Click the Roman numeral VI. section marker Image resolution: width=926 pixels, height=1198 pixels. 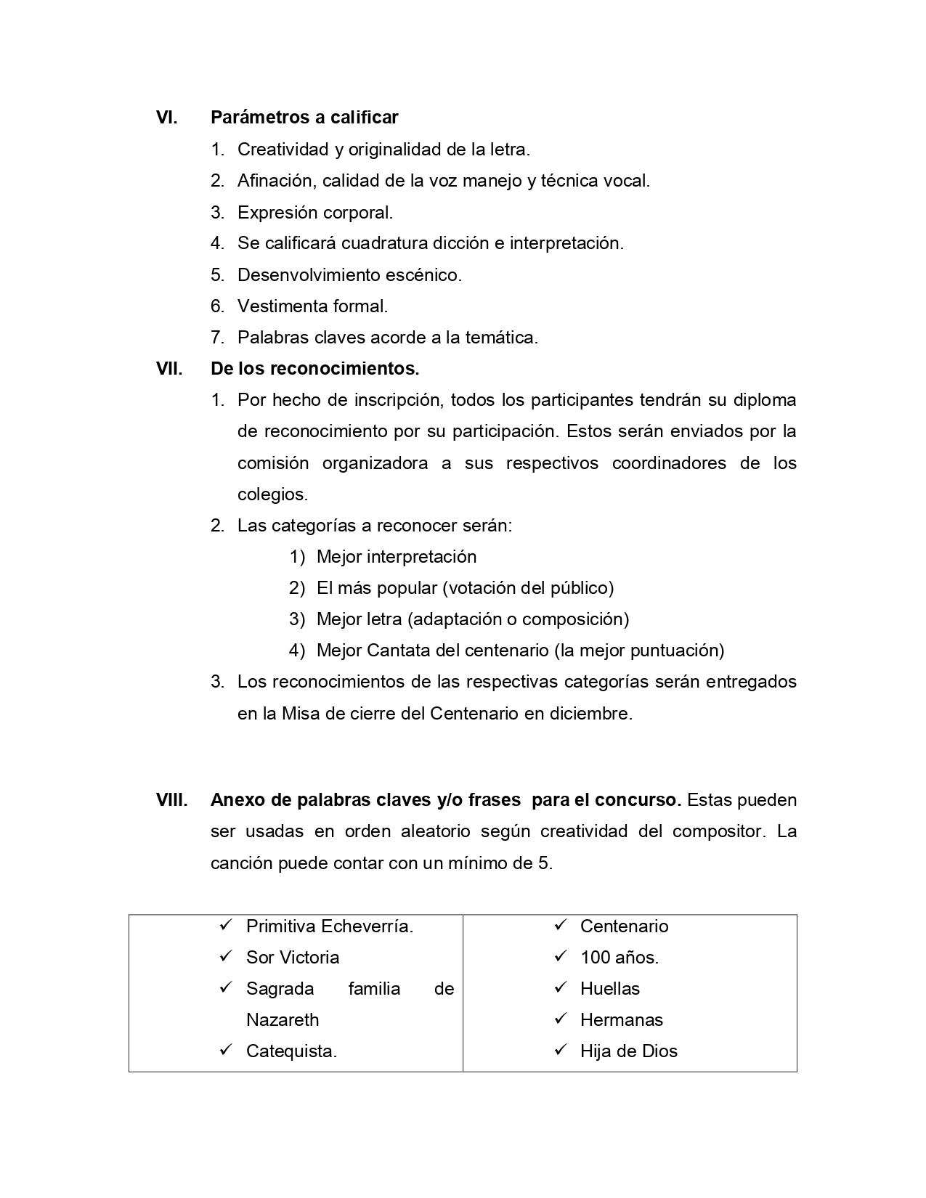click(x=167, y=117)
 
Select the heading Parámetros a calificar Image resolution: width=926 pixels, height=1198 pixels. click(x=304, y=117)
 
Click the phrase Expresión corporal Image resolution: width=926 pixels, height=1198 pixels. click(x=314, y=213)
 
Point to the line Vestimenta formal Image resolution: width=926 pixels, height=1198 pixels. click(x=312, y=306)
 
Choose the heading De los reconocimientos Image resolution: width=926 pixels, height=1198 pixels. click(x=314, y=369)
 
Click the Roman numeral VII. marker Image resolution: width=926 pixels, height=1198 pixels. click(x=169, y=369)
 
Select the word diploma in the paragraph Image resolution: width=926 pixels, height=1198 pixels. click(x=764, y=400)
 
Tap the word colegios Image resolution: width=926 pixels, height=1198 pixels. click(x=272, y=494)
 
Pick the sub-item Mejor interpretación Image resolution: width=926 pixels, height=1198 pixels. click(x=397, y=557)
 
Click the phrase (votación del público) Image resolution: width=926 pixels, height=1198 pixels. click(x=528, y=588)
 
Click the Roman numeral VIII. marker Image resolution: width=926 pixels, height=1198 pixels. click(x=172, y=800)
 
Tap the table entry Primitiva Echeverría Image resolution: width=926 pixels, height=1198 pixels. click(x=330, y=926)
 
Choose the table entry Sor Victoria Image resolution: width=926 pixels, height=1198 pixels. click(x=293, y=958)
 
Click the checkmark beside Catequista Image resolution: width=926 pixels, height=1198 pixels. click(x=225, y=1051)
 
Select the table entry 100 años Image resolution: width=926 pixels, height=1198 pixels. click(x=620, y=958)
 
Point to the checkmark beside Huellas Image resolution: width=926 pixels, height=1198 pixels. click(x=560, y=988)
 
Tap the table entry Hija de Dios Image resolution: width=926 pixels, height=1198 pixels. click(x=628, y=1051)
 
